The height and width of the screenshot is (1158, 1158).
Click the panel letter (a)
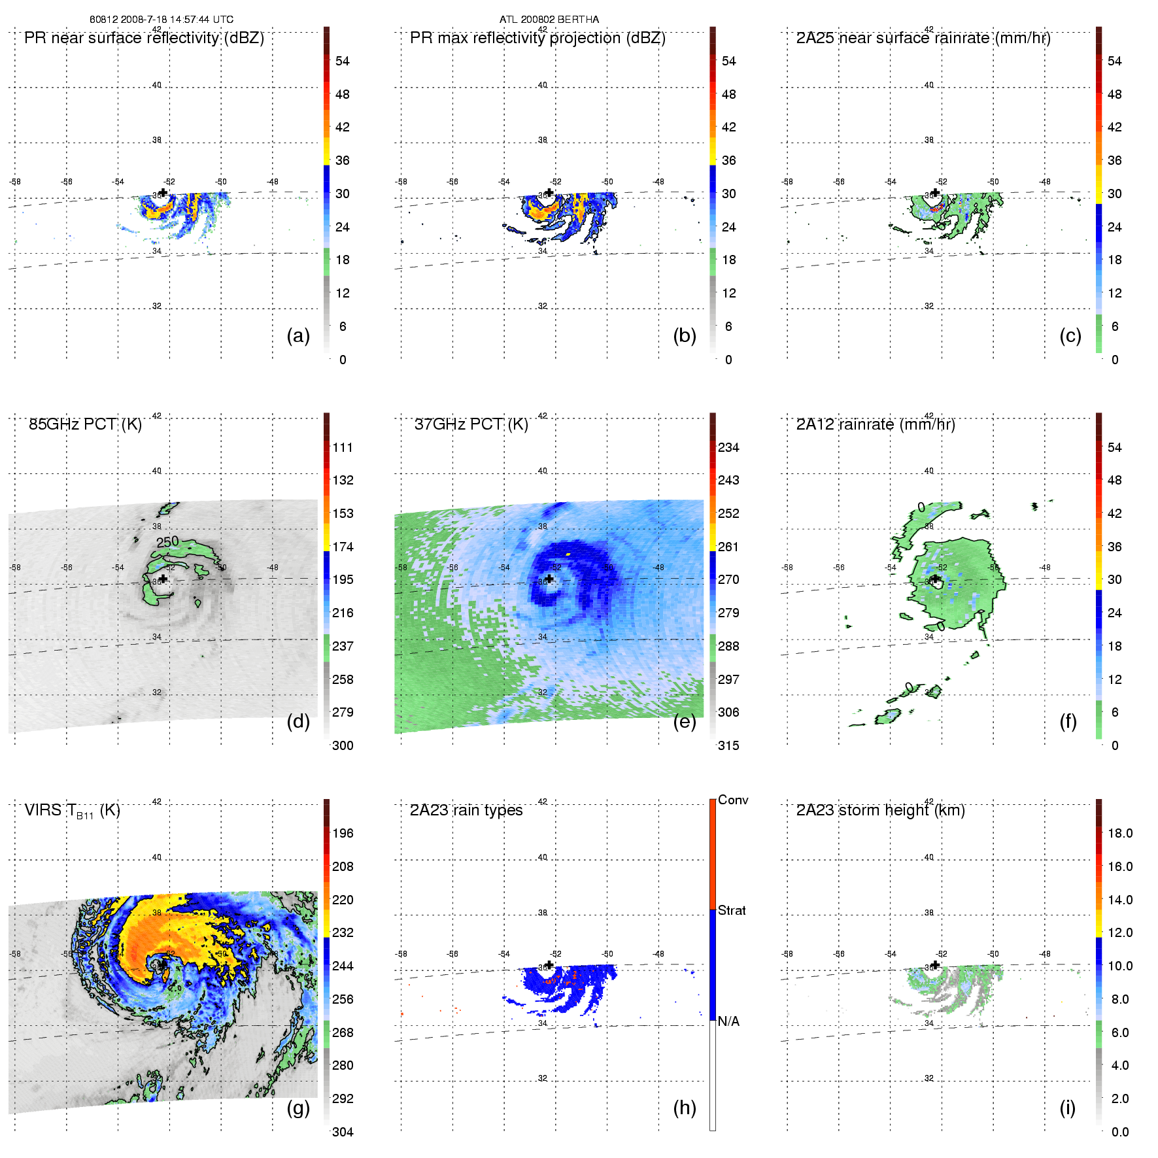tap(298, 336)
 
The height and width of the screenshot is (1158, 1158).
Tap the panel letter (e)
tap(684, 722)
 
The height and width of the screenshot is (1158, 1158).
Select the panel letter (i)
tap(1067, 1108)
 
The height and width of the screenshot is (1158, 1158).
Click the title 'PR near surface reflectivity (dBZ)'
tap(144, 38)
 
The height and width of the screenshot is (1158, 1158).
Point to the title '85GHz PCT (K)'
tap(85, 424)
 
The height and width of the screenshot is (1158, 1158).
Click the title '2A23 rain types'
tap(466, 810)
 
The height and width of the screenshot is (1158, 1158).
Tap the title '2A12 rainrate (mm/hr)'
tap(876, 424)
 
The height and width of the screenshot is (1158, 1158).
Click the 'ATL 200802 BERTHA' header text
tap(549, 20)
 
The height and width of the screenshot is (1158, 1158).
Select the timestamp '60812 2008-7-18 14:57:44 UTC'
tap(162, 20)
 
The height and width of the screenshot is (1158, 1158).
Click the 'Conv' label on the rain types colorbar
tap(733, 800)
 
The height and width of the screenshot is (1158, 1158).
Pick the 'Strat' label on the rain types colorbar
tap(732, 910)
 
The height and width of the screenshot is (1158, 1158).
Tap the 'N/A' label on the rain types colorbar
tap(728, 1021)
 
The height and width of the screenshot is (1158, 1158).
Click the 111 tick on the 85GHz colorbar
tap(343, 447)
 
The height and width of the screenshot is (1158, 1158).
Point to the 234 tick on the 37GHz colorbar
tap(728, 447)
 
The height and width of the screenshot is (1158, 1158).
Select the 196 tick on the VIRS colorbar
tap(343, 833)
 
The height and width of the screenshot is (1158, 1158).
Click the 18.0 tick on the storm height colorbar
tap(1120, 833)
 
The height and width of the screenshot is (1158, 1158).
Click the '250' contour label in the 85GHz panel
tap(167, 542)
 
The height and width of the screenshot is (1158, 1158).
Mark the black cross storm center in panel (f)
tap(935, 579)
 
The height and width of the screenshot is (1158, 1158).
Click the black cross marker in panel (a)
tap(163, 192)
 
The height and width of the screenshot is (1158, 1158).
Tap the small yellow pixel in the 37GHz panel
tap(568, 554)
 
